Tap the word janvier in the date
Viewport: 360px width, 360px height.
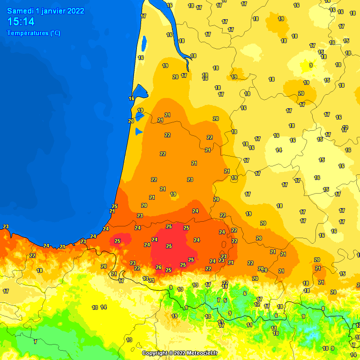tap(53, 11)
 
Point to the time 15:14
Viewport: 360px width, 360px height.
tap(21, 22)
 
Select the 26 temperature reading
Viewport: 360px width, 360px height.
tap(158, 268)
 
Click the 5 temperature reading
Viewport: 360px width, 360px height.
tap(225, 300)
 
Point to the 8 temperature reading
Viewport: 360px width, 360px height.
tap(323, 308)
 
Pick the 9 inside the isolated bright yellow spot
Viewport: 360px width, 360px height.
tap(311, 65)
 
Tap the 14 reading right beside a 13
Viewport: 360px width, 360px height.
tap(104, 307)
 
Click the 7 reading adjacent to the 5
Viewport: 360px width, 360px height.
tap(218, 300)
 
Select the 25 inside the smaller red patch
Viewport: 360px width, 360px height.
tap(117, 241)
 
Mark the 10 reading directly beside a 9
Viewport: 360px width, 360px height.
tap(325, 348)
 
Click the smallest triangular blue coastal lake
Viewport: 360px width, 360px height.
tap(138, 132)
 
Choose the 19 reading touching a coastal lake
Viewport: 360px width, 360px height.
tap(140, 110)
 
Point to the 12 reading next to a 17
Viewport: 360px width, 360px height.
tap(257, 304)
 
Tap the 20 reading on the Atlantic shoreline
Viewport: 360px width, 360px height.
tap(131, 121)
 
